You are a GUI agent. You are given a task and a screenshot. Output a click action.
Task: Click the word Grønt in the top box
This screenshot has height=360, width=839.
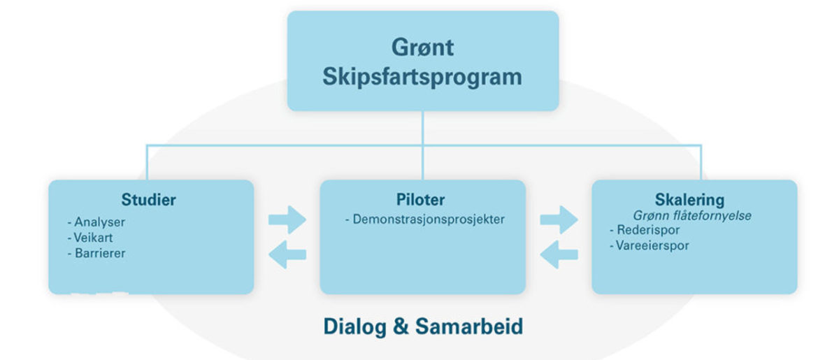422,48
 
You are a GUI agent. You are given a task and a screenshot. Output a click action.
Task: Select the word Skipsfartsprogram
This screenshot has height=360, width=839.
422,78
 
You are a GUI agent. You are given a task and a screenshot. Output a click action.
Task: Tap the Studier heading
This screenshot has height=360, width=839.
149,200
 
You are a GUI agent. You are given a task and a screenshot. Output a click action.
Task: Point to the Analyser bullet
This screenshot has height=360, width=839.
96,222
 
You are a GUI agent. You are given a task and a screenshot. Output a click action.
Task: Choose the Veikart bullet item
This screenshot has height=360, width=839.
90,238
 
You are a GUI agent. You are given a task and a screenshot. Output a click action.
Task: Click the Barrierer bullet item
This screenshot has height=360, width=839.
96,253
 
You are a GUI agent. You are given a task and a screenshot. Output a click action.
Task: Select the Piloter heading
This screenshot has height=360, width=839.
421,200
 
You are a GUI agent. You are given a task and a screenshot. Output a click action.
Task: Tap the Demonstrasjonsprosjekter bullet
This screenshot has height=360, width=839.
425,219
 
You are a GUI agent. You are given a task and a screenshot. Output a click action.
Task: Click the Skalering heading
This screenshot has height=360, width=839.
689,200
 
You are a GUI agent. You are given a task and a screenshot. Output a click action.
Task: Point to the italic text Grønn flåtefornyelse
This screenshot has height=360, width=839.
692,216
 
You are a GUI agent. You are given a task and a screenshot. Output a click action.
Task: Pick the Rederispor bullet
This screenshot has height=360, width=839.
645,230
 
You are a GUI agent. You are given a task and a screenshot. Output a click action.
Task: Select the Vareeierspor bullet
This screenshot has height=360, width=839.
650,246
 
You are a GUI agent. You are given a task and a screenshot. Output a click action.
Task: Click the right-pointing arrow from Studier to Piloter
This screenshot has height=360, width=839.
287,220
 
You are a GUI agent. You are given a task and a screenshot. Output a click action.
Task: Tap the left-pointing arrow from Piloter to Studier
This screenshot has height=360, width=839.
287,254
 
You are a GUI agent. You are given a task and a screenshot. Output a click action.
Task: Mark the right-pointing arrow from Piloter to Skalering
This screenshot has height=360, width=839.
559,220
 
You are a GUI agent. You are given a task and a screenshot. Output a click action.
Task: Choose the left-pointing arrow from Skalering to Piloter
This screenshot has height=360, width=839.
559,254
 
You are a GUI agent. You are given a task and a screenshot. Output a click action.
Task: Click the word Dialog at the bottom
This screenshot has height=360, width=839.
354,327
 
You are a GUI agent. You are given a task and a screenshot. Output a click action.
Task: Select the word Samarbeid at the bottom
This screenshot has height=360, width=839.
469,326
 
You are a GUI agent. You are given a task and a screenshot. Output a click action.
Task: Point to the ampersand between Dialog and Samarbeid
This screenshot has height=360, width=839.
401,326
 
